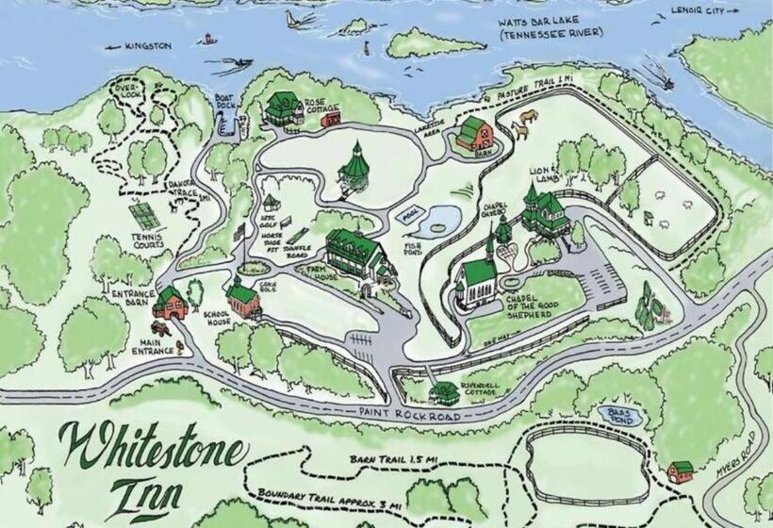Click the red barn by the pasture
pos(475,133)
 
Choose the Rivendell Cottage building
pos(444,391)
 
